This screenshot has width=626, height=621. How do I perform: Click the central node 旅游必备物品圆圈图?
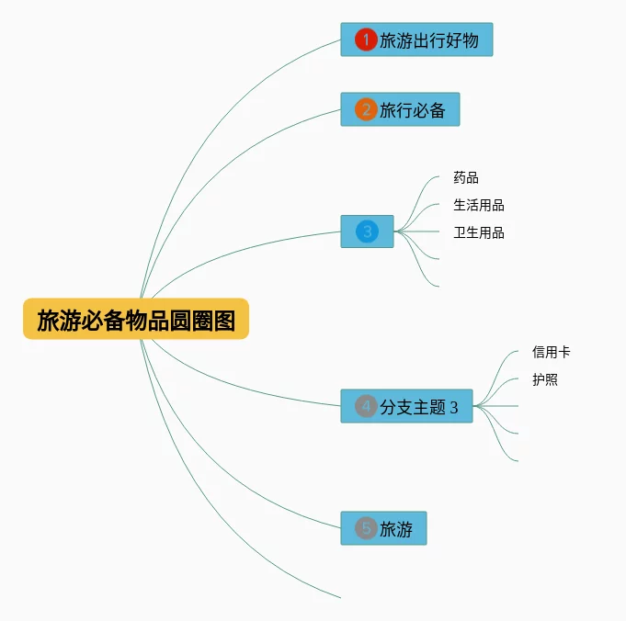click(136, 320)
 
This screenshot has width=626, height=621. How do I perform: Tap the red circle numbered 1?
click(366, 40)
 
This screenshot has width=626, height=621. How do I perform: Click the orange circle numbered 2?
click(366, 110)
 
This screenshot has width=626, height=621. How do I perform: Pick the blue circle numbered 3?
click(367, 231)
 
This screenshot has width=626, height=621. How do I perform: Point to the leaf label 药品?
click(466, 178)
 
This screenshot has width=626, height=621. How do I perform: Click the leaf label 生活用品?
click(478, 206)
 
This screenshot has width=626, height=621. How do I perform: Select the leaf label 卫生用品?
click(478, 233)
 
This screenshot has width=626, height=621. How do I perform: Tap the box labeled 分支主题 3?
click(418, 407)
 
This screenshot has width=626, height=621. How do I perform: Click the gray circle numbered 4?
click(366, 406)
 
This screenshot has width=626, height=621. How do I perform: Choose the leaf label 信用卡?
click(551, 352)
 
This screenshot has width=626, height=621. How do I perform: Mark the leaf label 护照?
click(545, 379)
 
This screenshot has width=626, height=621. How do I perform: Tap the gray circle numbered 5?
click(366, 528)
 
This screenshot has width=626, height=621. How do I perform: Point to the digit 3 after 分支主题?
click(453, 408)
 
